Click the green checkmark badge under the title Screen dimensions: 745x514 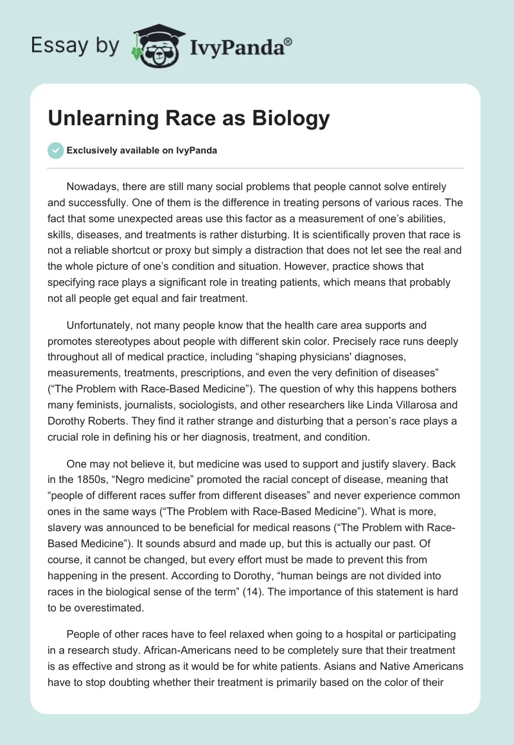click(55, 150)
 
